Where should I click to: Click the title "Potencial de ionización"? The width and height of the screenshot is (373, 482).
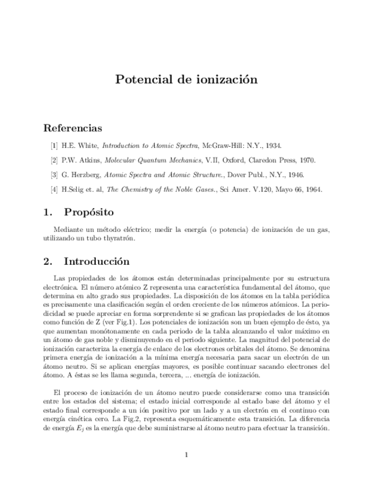(x=186, y=80)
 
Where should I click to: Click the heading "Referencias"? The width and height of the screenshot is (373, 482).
(x=73, y=128)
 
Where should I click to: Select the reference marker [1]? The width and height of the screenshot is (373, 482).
(x=54, y=146)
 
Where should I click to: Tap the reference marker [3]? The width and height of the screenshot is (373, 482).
(x=54, y=175)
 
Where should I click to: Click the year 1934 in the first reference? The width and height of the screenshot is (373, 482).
(x=273, y=146)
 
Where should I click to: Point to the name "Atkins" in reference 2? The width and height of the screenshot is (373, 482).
(x=91, y=160)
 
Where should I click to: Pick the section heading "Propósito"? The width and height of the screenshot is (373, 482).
(x=89, y=213)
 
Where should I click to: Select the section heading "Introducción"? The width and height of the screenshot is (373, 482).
(x=97, y=261)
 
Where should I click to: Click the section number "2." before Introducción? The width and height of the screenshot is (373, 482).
(x=48, y=261)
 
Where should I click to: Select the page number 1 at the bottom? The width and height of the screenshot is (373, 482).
(x=186, y=455)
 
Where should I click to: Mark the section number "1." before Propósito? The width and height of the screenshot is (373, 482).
(x=48, y=213)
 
